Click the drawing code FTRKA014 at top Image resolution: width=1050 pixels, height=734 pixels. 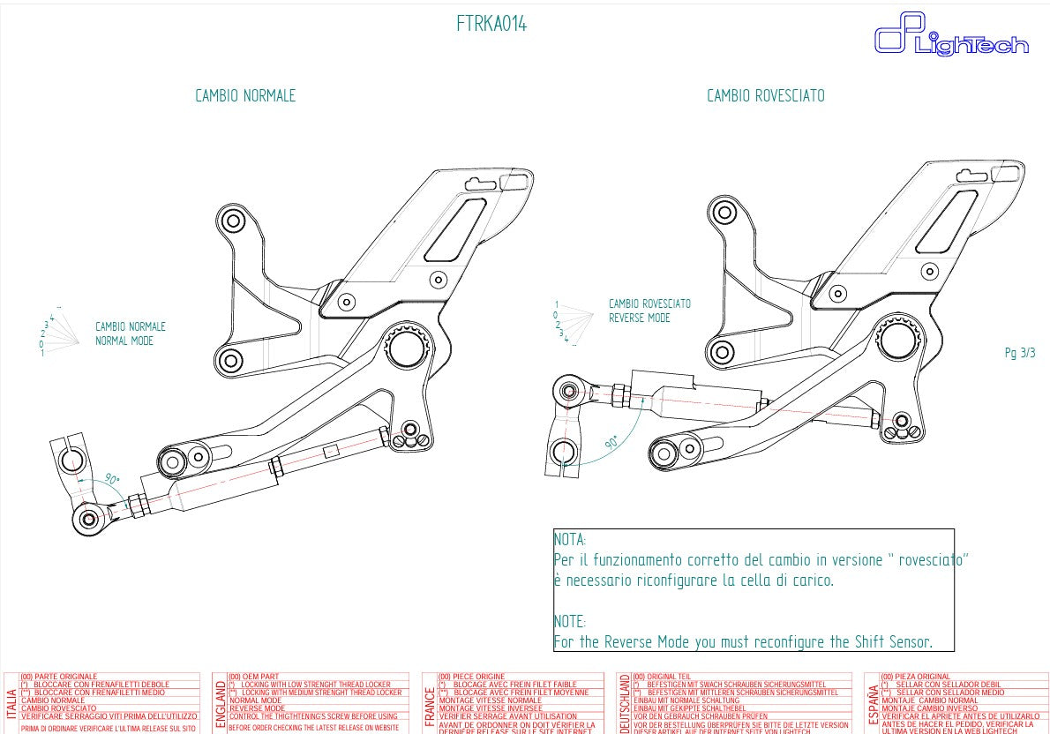(491, 25)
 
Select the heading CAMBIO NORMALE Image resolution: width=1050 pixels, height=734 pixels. (245, 96)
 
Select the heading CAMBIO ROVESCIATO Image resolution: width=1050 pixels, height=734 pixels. (765, 96)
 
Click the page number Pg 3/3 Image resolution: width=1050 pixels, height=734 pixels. (1020, 353)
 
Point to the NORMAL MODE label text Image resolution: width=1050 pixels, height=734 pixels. (124, 341)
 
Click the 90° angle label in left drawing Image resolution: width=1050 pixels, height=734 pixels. (112, 479)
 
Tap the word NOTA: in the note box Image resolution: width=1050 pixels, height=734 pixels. (570, 540)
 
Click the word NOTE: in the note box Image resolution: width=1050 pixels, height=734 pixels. (570, 622)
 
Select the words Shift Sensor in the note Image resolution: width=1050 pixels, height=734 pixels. (891, 642)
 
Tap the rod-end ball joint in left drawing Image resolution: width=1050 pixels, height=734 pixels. (88, 518)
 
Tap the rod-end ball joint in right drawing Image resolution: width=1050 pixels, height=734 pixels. (569, 391)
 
